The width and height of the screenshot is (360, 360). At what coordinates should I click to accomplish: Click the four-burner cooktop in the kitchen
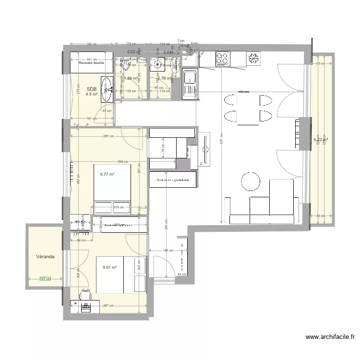222,59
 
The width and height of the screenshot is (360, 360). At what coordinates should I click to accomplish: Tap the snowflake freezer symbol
253,59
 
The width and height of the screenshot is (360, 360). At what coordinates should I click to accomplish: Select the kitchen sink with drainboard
190,84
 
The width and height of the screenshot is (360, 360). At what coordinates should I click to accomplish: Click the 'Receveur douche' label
92,62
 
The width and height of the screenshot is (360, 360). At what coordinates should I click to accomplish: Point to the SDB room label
91,89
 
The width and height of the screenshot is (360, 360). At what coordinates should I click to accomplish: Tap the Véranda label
45,257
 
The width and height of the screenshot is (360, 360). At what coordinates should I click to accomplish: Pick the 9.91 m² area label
110,268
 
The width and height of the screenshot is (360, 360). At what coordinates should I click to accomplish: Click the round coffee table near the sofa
250,181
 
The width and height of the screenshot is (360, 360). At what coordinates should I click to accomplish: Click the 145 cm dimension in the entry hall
168,250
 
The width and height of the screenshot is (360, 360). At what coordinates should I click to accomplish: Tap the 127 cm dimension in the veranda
45,278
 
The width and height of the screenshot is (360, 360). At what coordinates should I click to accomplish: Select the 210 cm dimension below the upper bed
118,207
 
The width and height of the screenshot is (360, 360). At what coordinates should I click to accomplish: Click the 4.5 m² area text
92,95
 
